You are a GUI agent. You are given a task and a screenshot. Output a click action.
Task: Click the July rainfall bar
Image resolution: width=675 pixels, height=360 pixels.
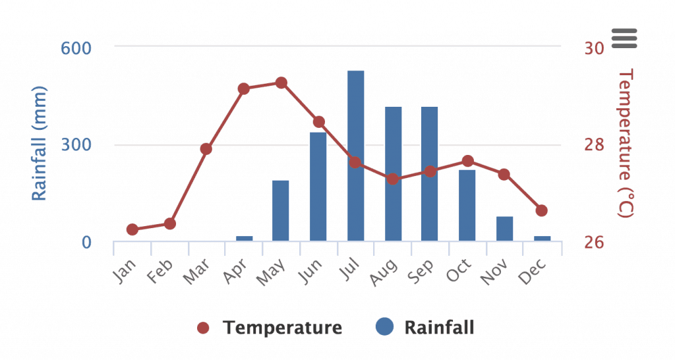coord(356,156)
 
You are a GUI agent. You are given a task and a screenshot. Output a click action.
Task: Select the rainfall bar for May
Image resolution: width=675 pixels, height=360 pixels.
coord(281,210)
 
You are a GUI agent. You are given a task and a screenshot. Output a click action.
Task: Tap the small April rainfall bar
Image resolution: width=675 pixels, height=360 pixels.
coord(244,238)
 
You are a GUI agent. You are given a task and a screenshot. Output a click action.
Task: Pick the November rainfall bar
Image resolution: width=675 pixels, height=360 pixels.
coord(504,228)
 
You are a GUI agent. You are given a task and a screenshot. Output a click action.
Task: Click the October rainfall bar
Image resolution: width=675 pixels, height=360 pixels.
coord(467,205)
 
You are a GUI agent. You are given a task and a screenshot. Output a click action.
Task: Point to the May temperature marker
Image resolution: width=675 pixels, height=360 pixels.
coord(281,83)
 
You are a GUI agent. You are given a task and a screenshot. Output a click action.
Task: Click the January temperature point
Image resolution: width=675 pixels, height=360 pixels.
coord(132,229)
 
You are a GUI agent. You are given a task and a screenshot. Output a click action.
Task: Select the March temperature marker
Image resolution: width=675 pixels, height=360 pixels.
coord(206,149)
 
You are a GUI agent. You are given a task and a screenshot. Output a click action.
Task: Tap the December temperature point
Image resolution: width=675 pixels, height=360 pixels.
coord(542,210)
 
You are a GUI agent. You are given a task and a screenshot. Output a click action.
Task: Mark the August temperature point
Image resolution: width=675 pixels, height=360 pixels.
coord(393,179)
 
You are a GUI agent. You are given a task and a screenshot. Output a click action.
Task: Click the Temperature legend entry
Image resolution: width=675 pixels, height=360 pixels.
coord(270,328)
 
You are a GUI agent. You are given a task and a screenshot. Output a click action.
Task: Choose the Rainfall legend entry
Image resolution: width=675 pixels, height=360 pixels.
coord(425,327)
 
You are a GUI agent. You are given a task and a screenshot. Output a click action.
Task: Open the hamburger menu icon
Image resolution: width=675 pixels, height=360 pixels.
coord(624,38)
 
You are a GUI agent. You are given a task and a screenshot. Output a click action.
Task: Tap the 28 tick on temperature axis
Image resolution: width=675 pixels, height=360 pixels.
coord(593,145)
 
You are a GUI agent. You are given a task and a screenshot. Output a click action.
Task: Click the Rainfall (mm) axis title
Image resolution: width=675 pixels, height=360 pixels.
coord(40,143)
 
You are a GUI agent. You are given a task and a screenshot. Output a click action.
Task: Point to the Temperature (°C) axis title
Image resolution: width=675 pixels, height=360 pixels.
coord(626,143)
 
